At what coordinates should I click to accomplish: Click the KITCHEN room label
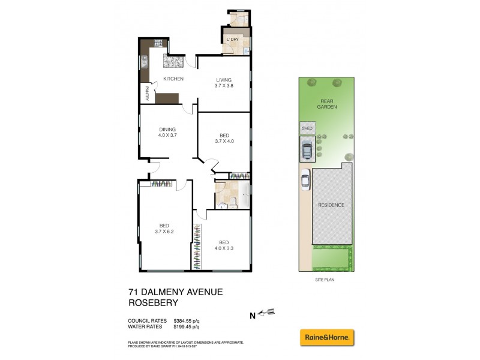173,79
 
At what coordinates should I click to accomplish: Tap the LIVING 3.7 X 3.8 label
223,82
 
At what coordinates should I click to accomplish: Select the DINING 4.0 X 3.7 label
167,133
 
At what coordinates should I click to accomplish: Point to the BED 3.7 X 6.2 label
164,229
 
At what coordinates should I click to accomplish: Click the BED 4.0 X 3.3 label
223,245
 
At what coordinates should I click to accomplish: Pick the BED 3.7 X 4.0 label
223,138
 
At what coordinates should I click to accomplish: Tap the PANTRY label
146,94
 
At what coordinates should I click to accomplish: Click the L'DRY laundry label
232,40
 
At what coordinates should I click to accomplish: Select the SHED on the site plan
307,128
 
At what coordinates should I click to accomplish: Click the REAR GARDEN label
327,104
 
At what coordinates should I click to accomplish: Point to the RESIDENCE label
331,205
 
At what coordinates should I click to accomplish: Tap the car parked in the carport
307,150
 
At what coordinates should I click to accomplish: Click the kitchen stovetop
159,43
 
